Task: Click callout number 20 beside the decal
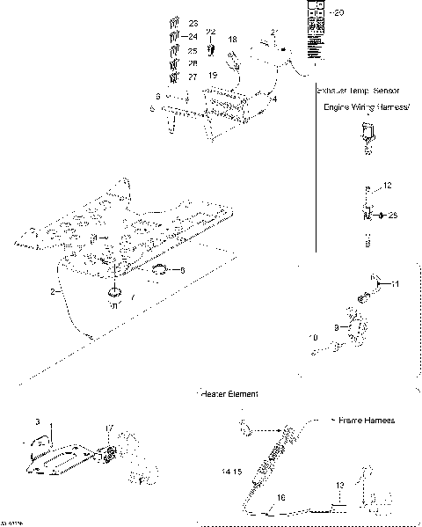(342, 12)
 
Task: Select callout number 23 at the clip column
(193, 21)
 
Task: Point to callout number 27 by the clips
(193, 77)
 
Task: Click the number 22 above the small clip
(211, 32)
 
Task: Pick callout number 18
(232, 40)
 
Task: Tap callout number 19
(213, 77)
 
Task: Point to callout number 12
(388, 186)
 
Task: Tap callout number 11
(395, 283)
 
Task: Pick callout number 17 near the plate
(108, 429)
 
